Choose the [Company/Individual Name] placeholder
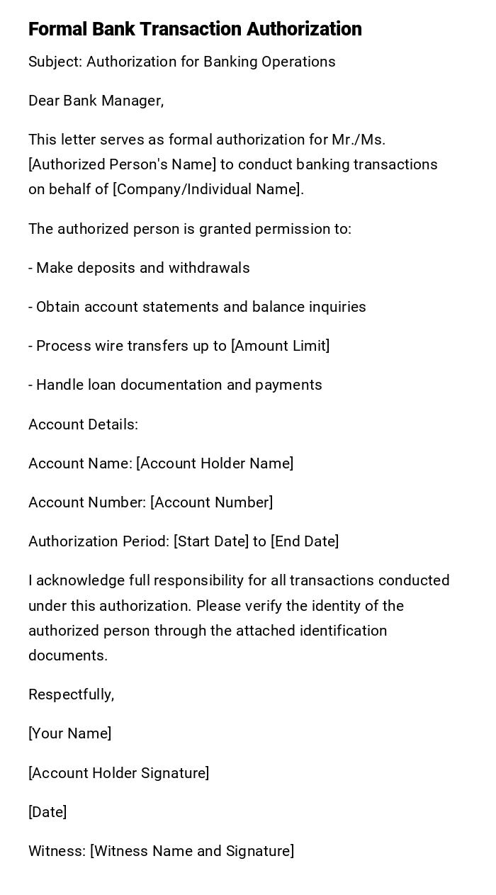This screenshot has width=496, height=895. point(208,189)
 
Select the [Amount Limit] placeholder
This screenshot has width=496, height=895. point(281,346)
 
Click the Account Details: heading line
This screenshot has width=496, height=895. point(83,424)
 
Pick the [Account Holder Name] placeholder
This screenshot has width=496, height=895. point(215,463)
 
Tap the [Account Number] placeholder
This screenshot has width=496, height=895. point(211,502)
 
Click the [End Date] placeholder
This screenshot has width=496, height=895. point(305,541)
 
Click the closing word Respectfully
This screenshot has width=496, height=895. point(71,694)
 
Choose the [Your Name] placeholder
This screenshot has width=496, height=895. point(69,733)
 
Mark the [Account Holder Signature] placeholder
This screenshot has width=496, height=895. point(118,773)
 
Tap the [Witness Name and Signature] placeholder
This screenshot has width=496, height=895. point(191,851)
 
